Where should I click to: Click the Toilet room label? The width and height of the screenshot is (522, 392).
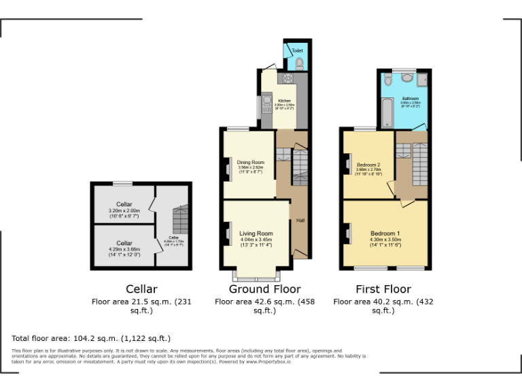[x=298, y=51]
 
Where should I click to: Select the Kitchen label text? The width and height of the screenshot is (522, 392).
[x=284, y=101]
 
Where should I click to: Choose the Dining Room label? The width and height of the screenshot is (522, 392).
[x=249, y=162]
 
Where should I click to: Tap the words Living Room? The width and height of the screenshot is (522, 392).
[x=256, y=234]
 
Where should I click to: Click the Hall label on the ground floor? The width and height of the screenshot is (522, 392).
[x=300, y=220]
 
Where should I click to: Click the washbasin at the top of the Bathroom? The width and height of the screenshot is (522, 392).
[x=388, y=79]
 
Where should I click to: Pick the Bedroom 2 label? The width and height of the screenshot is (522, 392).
[x=368, y=165]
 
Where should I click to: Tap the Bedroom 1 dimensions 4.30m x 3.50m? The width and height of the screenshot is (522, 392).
[x=385, y=240]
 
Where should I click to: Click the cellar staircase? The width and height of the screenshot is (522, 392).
[x=179, y=220]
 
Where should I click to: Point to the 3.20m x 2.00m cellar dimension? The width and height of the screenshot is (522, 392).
[x=124, y=211]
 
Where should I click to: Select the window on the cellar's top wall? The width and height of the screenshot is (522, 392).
[x=123, y=183]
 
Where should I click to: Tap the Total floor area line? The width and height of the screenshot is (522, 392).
[x=91, y=338]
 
